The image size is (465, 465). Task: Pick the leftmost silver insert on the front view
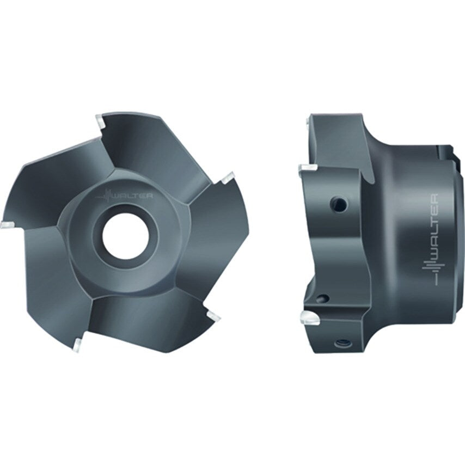[8, 223]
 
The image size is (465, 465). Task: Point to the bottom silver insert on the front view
[79, 343]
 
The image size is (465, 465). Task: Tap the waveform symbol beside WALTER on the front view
[106, 195]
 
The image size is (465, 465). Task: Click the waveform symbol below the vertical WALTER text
[434, 272]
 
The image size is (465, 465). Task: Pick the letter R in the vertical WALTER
[435, 197]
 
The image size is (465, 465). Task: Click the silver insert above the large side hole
[307, 168]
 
